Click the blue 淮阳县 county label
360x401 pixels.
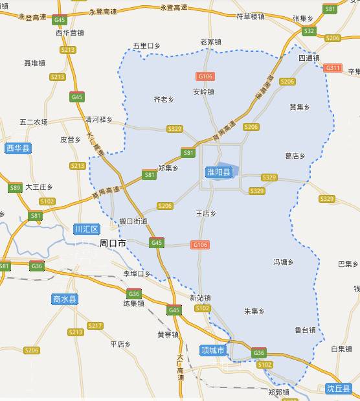[x=219, y=172]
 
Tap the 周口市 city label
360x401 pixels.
[x=113, y=244]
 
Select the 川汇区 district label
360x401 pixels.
[x=86, y=229]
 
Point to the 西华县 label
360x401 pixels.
[x=18, y=148]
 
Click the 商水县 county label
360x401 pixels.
[x=65, y=299]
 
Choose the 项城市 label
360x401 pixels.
[x=212, y=350]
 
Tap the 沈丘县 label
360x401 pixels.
[x=339, y=389]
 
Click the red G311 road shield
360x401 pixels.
[x=333, y=67]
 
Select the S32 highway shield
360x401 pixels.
[x=309, y=31]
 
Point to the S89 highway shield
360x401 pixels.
[x=16, y=188]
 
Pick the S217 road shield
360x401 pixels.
[x=95, y=325]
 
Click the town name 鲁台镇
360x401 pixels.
[x=305, y=330]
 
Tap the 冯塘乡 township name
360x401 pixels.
[x=284, y=262]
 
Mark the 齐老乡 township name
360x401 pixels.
[x=163, y=99]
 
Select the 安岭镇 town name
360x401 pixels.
[x=203, y=91]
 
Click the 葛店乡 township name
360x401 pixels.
[x=295, y=155]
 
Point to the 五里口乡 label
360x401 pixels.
[x=146, y=46]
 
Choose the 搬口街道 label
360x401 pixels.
[x=133, y=222]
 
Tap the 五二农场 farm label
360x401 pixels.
[x=34, y=122]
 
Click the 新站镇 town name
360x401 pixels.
[x=201, y=297]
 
